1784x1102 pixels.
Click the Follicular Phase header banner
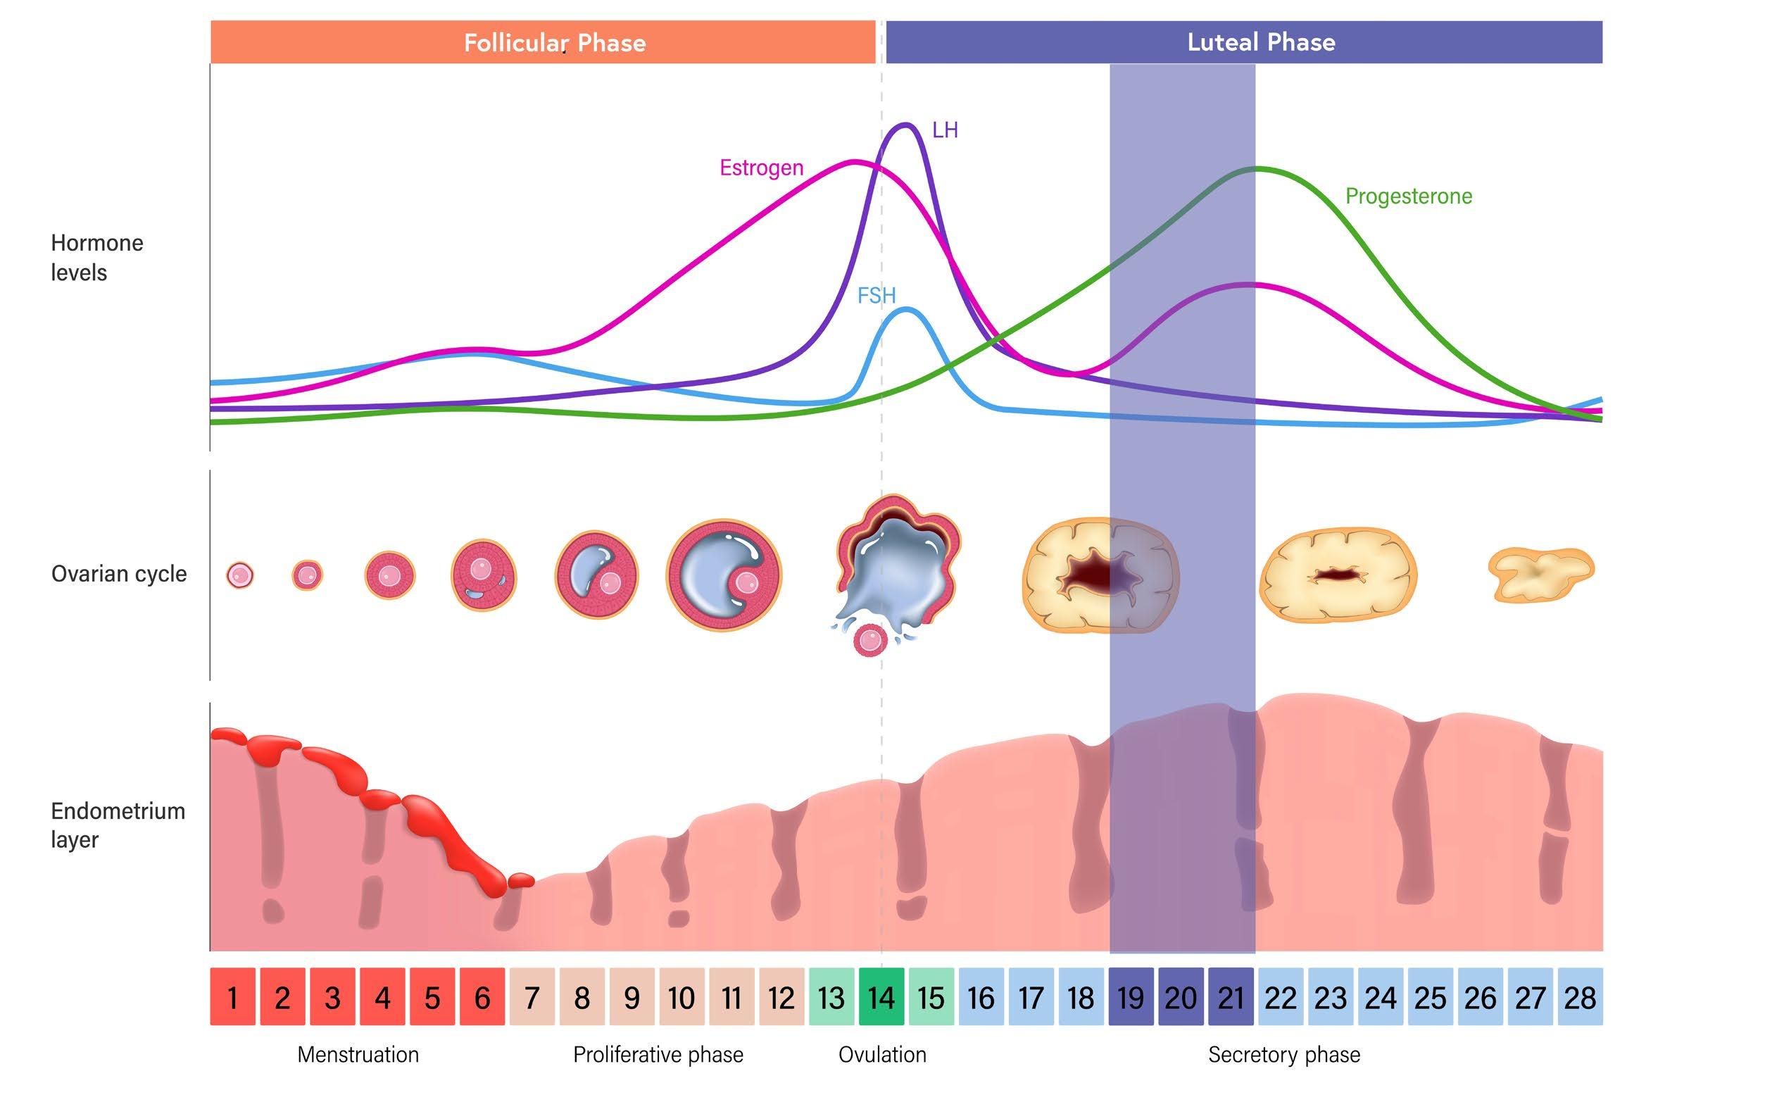pyautogui.click(x=543, y=42)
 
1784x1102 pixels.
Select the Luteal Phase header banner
pyautogui.click(x=1243, y=42)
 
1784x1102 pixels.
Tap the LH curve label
pyautogui.click(x=946, y=130)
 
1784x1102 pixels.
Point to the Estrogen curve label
pyautogui.click(x=762, y=168)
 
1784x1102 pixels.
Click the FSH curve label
pyautogui.click(x=876, y=295)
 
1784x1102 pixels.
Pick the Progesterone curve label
pyautogui.click(x=1408, y=196)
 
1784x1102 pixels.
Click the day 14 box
pyautogui.click(x=881, y=997)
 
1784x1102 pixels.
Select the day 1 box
pyautogui.click(x=232, y=997)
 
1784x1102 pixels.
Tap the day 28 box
pyautogui.click(x=1580, y=997)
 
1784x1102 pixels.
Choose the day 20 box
pyautogui.click(x=1181, y=997)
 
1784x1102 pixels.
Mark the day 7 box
pyautogui.click(x=532, y=997)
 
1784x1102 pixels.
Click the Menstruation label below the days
pyautogui.click(x=358, y=1055)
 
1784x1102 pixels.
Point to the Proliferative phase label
pyautogui.click(x=658, y=1055)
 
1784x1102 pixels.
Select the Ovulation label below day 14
pyautogui.click(x=882, y=1055)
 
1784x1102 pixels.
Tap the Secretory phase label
pyautogui.click(x=1284, y=1055)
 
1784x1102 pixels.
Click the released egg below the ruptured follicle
pyautogui.click(x=870, y=641)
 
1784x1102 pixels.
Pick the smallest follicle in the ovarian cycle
pyautogui.click(x=240, y=575)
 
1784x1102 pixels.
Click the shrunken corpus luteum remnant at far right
pyautogui.click(x=1540, y=575)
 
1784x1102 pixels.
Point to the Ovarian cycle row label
pyautogui.click(x=119, y=574)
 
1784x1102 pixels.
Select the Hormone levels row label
pyautogui.click(x=96, y=257)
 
